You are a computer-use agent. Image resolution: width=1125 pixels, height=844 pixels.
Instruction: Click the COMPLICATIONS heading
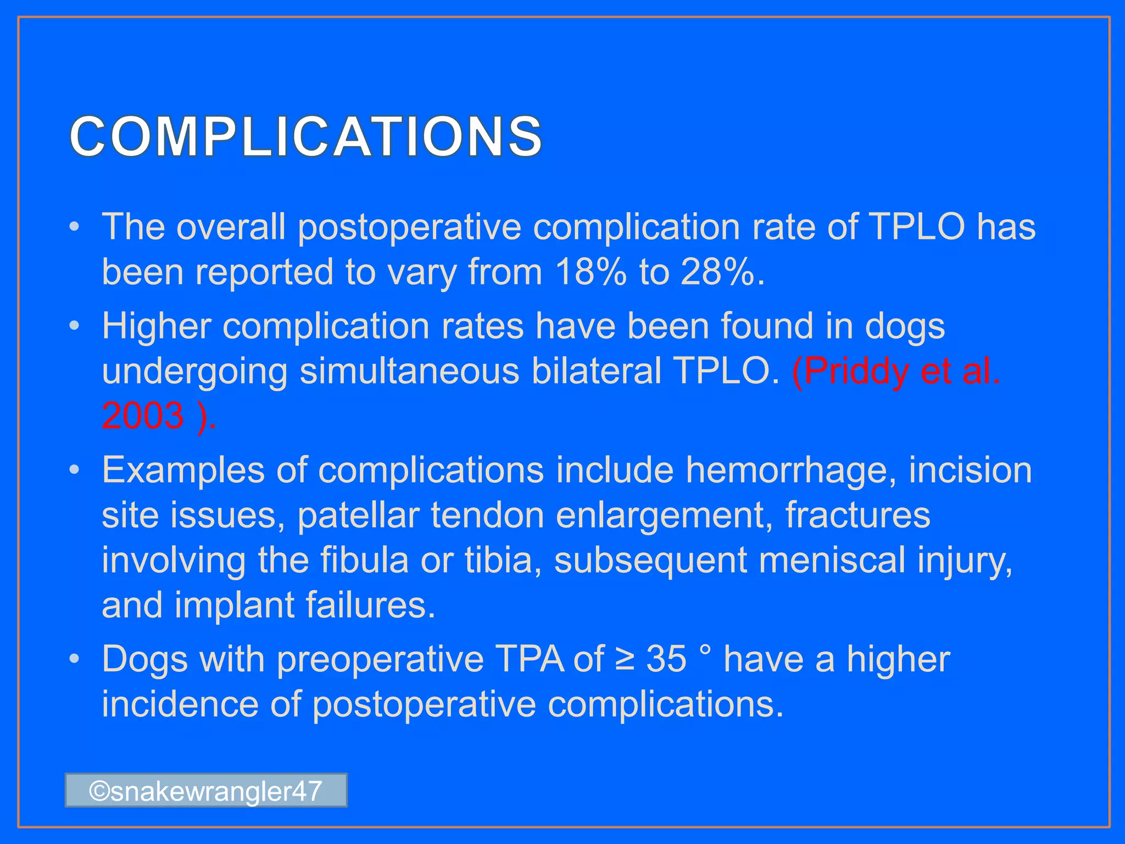point(305,136)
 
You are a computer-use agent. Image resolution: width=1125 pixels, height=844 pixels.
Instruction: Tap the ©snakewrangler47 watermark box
point(206,791)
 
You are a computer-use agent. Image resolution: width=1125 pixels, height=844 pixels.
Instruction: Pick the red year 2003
point(143,416)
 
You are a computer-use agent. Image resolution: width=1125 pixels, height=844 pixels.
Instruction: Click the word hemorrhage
point(790,471)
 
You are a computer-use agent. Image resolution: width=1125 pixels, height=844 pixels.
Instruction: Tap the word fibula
point(364,560)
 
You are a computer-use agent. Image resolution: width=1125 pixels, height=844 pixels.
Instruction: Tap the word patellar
point(358,516)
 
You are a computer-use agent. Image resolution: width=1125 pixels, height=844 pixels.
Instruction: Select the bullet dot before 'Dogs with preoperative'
point(75,659)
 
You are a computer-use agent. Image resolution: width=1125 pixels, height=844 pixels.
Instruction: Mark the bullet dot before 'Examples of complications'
point(75,471)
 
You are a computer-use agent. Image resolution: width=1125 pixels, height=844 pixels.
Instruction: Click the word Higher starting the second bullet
point(156,327)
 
